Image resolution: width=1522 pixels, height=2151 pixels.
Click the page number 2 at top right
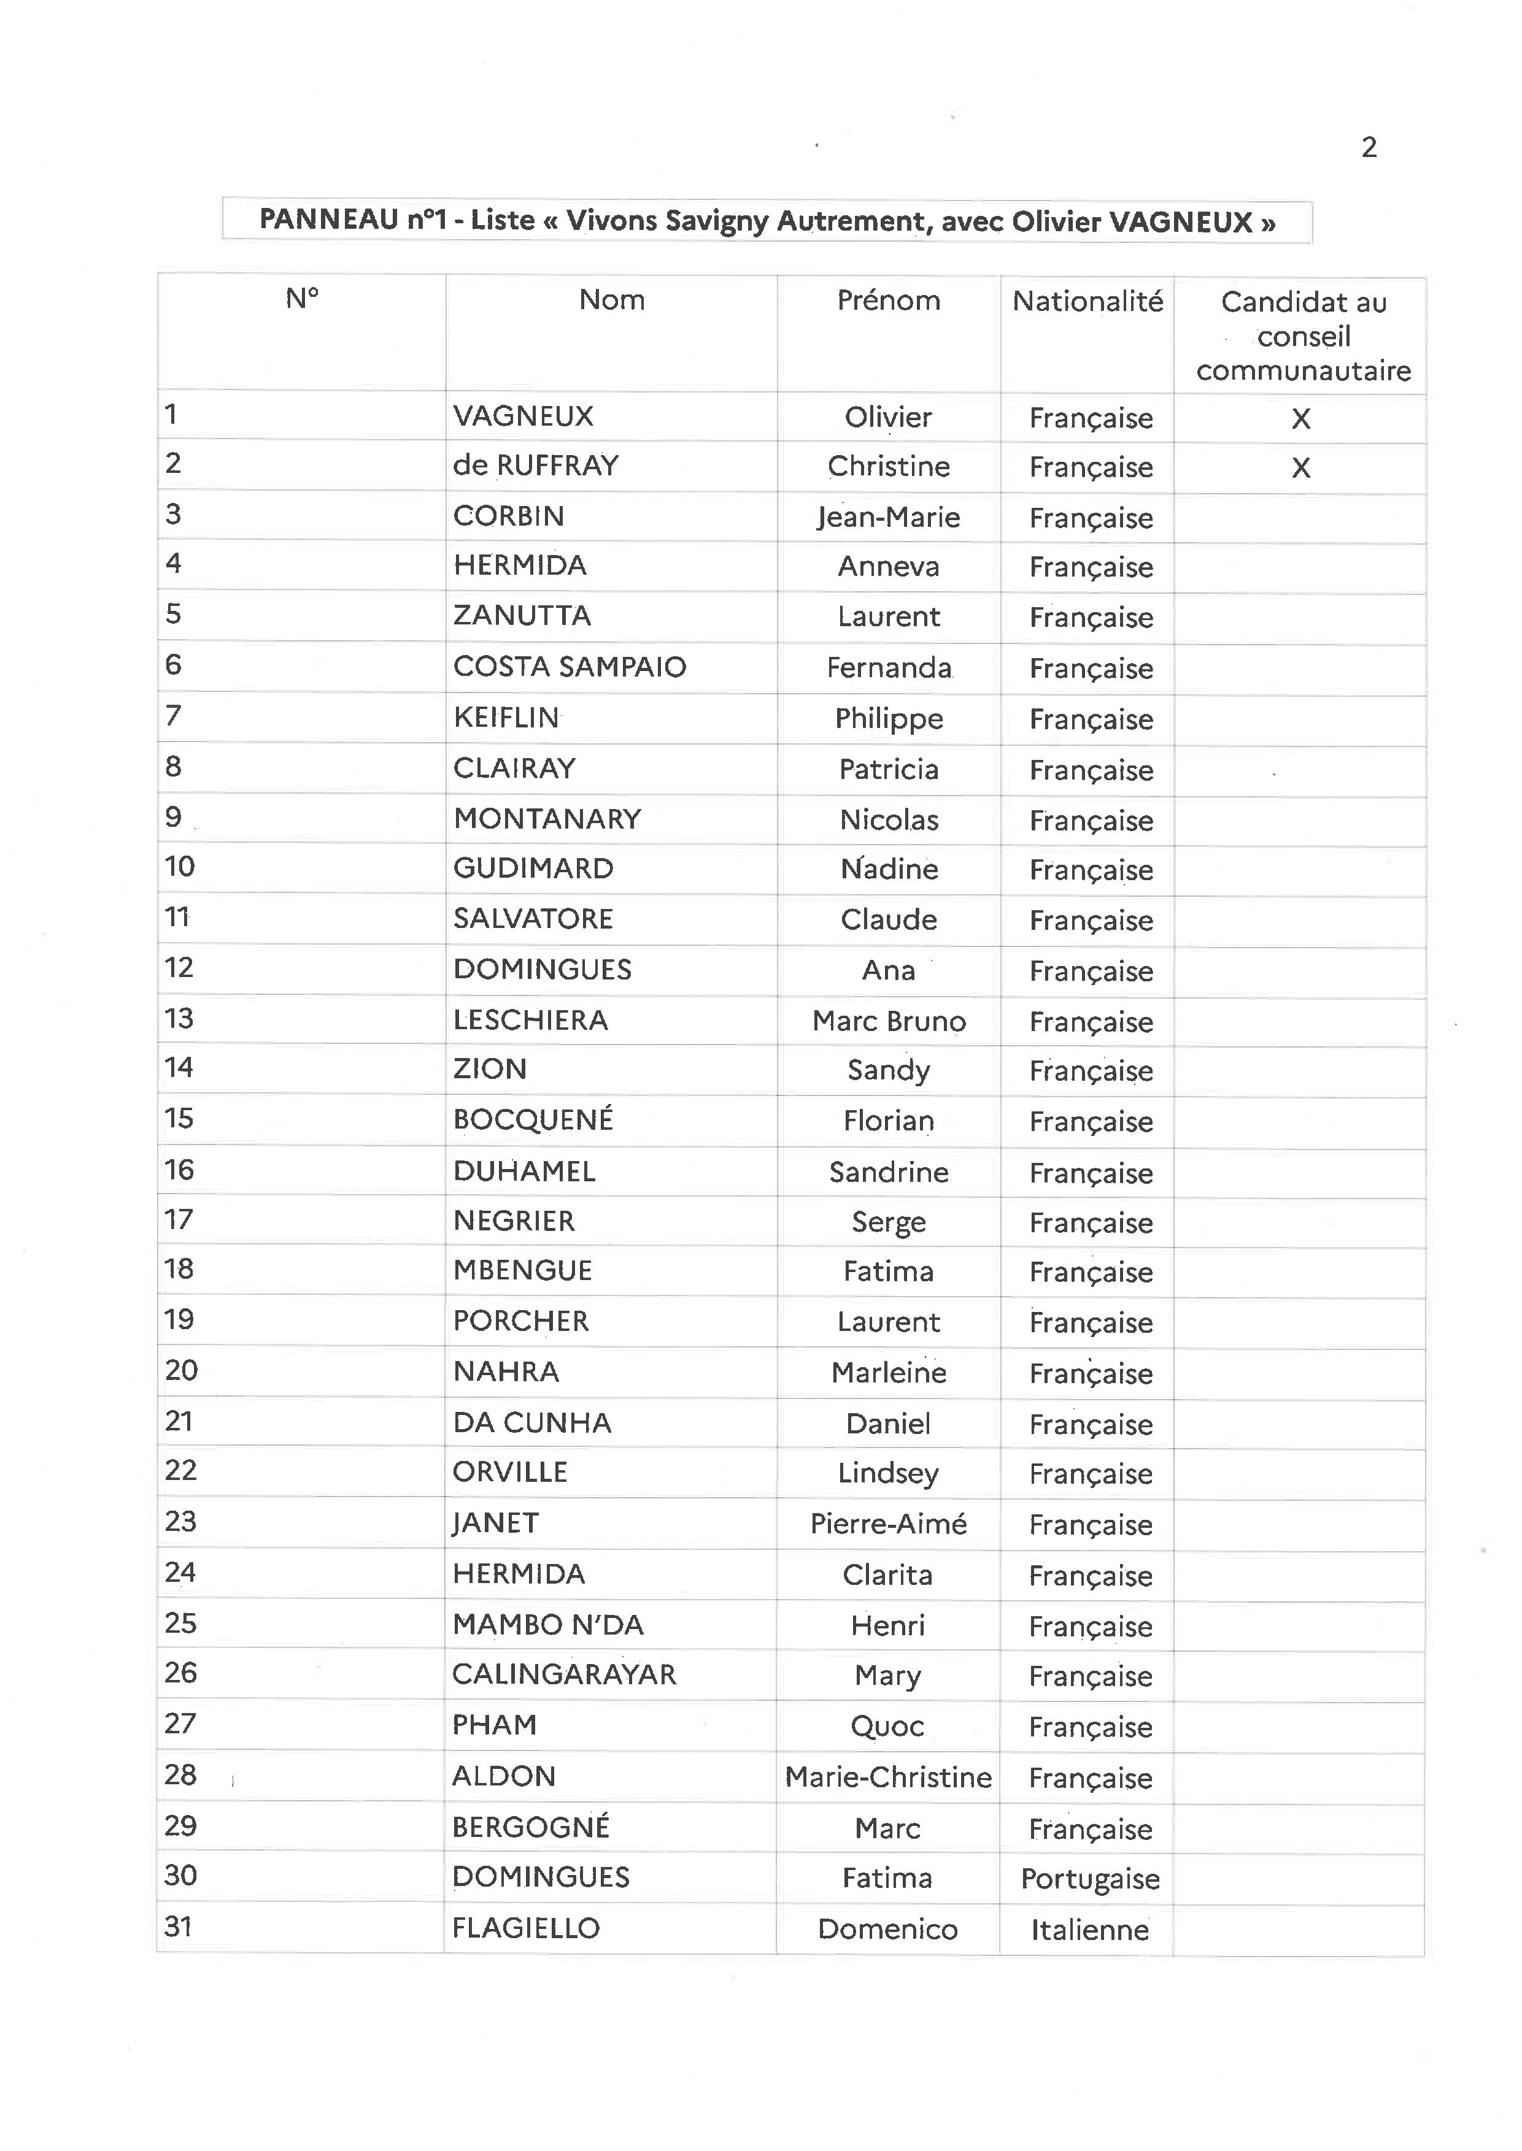click(1369, 147)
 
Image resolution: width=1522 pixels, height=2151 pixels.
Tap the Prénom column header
click(889, 300)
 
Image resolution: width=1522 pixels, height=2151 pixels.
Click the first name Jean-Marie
click(889, 517)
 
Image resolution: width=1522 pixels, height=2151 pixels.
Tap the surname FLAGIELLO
click(526, 1927)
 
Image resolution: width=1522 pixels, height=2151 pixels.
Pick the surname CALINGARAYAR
click(563, 1674)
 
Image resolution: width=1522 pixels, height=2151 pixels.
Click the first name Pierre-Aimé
click(887, 1524)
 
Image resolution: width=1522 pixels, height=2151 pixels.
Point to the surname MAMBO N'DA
click(548, 1625)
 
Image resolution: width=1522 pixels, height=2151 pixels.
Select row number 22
click(181, 1470)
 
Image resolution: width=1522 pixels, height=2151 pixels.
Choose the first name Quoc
click(887, 1726)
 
